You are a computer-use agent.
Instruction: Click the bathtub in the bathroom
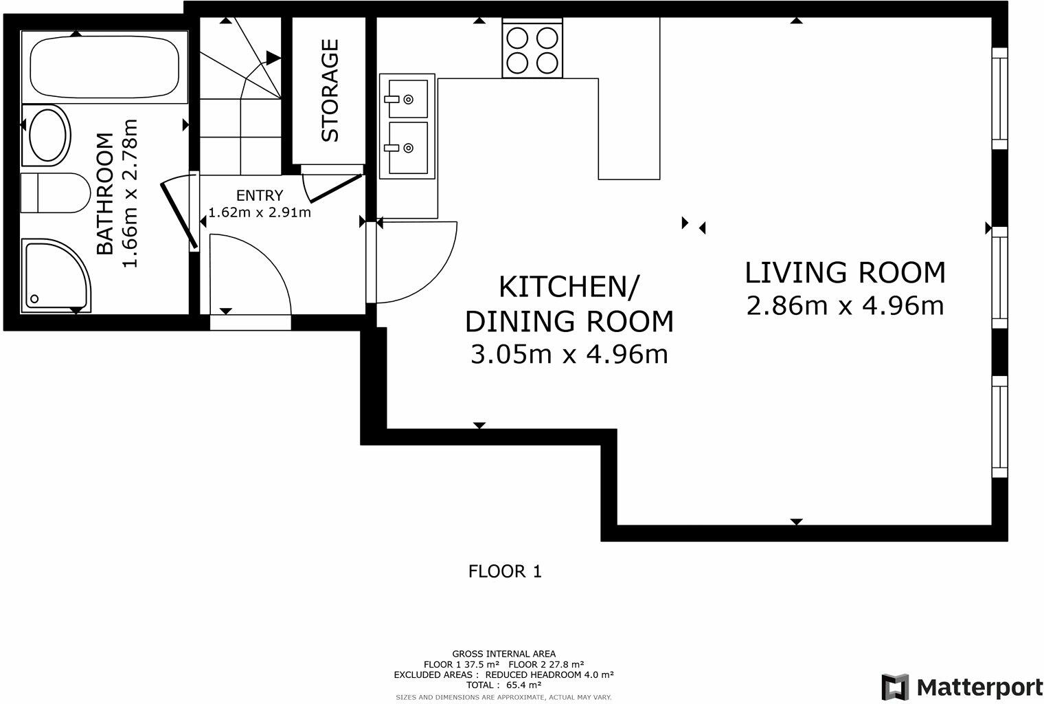104,67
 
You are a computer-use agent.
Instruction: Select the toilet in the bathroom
56,192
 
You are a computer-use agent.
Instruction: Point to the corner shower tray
56,276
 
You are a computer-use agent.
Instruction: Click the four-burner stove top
532,48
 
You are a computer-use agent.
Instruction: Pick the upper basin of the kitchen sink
408,98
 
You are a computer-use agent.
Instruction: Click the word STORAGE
330,91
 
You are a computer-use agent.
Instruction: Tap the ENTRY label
260,195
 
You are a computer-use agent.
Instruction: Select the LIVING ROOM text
845,272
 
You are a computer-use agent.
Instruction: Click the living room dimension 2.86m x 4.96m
845,306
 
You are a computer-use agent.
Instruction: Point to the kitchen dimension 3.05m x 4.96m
569,354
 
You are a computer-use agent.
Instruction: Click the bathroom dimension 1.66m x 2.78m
130,193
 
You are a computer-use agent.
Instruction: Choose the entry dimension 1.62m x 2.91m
260,212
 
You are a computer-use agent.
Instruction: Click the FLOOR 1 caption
505,571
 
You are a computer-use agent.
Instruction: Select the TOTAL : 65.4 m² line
504,685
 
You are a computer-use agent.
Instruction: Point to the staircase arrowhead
273,58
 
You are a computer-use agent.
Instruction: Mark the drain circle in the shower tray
34,299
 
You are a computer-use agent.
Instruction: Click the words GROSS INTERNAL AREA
504,654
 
